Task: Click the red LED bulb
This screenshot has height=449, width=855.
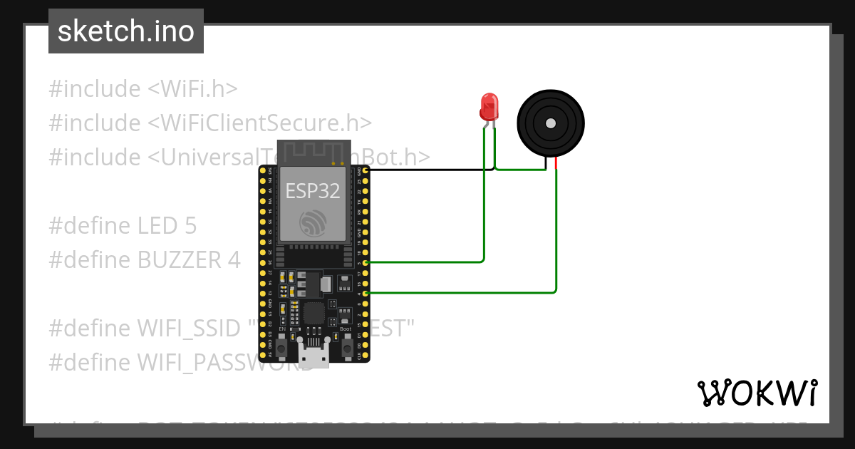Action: coord(489,106)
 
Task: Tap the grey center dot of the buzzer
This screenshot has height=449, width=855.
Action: coord(550,123)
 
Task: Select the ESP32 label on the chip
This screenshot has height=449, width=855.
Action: coord(313,190)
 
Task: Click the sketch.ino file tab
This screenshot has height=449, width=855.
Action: coord(126,31)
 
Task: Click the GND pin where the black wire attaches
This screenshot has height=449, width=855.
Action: coord(366,170)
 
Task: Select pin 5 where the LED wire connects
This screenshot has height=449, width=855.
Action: coord(366,262)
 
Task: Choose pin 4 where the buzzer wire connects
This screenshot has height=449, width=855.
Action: coord(366,293)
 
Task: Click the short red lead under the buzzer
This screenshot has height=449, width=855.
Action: coord(556,165)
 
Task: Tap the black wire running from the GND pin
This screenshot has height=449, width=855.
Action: coord(427,170)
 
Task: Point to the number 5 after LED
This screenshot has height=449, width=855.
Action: coord(190,226)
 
